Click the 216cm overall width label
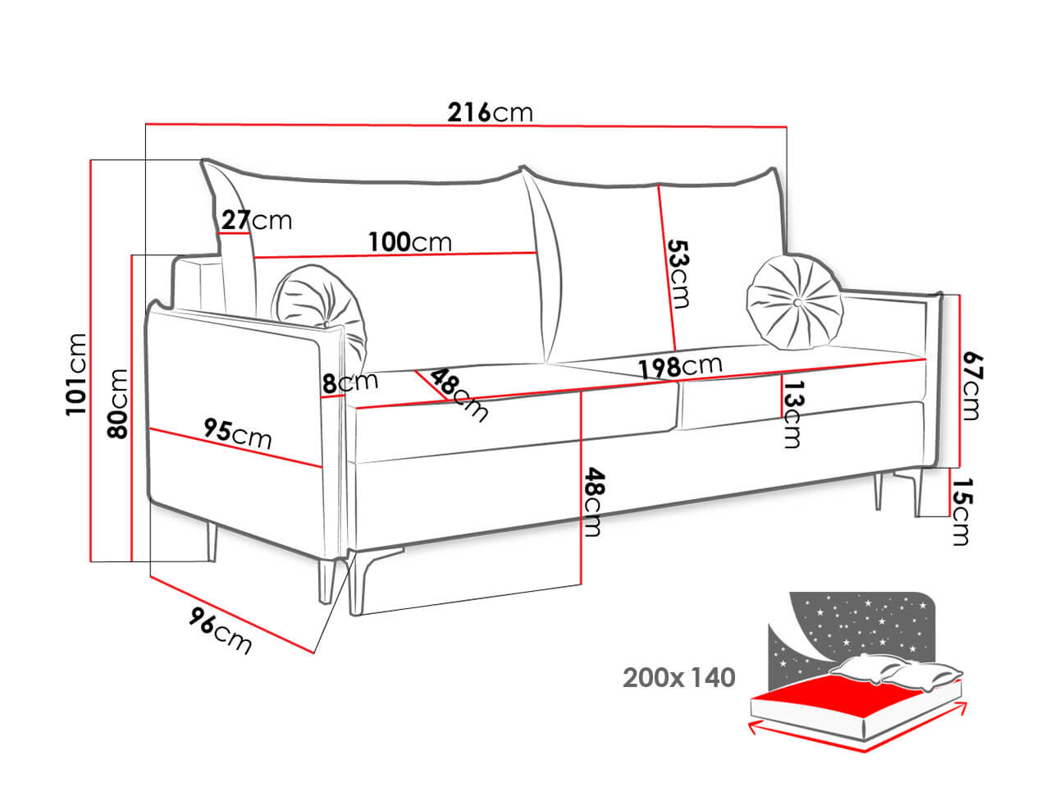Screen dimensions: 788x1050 (490, 112)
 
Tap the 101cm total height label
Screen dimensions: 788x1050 (76, 373)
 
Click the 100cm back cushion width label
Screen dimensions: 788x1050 (409, 242)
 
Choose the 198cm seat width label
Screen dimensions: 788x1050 (680, 367)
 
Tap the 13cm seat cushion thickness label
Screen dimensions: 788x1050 (792, 413)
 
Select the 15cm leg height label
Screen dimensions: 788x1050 (961, 511)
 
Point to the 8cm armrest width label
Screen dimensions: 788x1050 (349, 382)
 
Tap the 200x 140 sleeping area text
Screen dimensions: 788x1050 (678, 678)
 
